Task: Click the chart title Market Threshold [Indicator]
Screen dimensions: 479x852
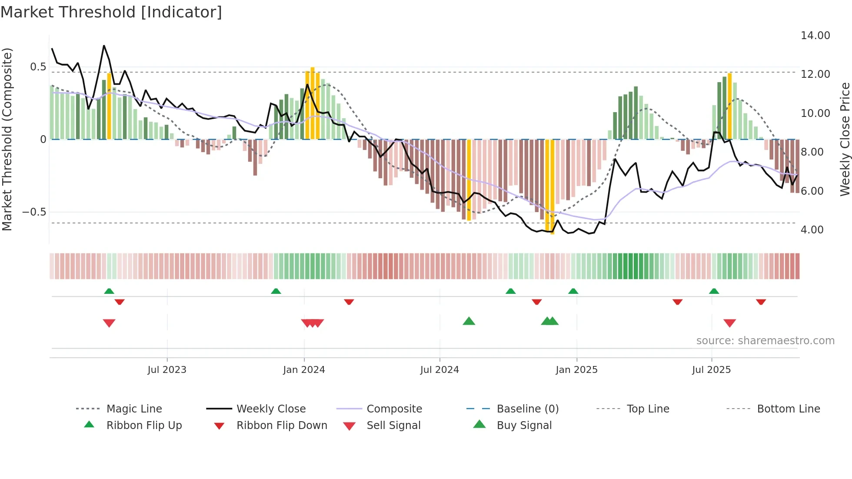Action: [111, 12]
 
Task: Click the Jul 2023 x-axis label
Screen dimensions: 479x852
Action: [167, 370]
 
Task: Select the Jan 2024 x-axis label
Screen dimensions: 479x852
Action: [304, 370]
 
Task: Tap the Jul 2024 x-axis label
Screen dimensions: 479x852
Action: [439, 370]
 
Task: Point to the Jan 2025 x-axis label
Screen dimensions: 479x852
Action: [576, 370]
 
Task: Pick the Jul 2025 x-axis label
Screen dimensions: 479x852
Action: [712, 370]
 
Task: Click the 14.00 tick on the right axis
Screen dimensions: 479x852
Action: [815, 36]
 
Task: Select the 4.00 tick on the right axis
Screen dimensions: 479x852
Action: [812, 230]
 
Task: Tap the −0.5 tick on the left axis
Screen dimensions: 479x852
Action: [34, 212]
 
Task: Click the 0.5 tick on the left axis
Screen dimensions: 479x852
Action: [38, 67]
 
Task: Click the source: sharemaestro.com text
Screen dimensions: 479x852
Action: [765, 341]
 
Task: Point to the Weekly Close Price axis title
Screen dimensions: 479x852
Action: [845, 139]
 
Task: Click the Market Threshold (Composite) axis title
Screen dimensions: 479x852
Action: [7, 139]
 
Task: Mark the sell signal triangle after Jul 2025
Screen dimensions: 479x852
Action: [729, 323]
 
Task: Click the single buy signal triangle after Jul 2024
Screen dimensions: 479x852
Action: [469, 321]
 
